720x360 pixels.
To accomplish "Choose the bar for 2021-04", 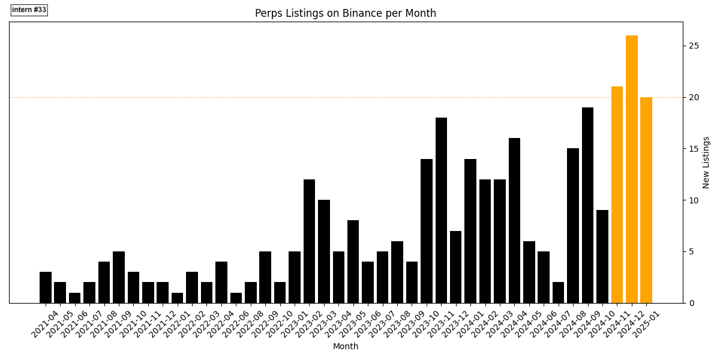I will pyautogui.click(x=46, y=287).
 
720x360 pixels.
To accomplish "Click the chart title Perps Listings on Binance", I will pyautogui.click(x=345, y=13).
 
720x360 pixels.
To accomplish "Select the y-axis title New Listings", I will pyautogui.click(x=706, y=162).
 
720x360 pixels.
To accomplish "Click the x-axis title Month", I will pyautogui.click(x=346, y=346).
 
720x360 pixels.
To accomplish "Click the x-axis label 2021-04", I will pyautogui.click(x=46, y=324).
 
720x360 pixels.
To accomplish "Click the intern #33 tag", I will pyautogui.click(x=29, y=10).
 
